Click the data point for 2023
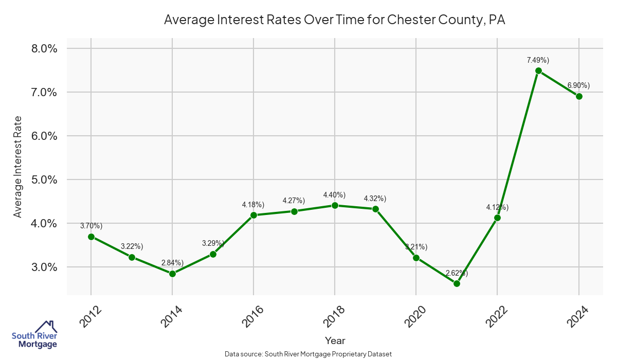tap(538, 71)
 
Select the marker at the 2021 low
tap(457, 283)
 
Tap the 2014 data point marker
tap(172, 274)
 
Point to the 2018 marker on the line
tap(335, 205)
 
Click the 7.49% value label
tap(538, 60)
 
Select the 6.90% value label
tap(578, 85)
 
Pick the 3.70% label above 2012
tap(91, 226)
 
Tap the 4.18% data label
tap(253, 205)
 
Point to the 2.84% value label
tap(172, 263)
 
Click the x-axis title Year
tap(335, 340)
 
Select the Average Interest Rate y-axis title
tap(18, 166)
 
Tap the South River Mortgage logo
tap(34, 335)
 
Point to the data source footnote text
tap(308, 354)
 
